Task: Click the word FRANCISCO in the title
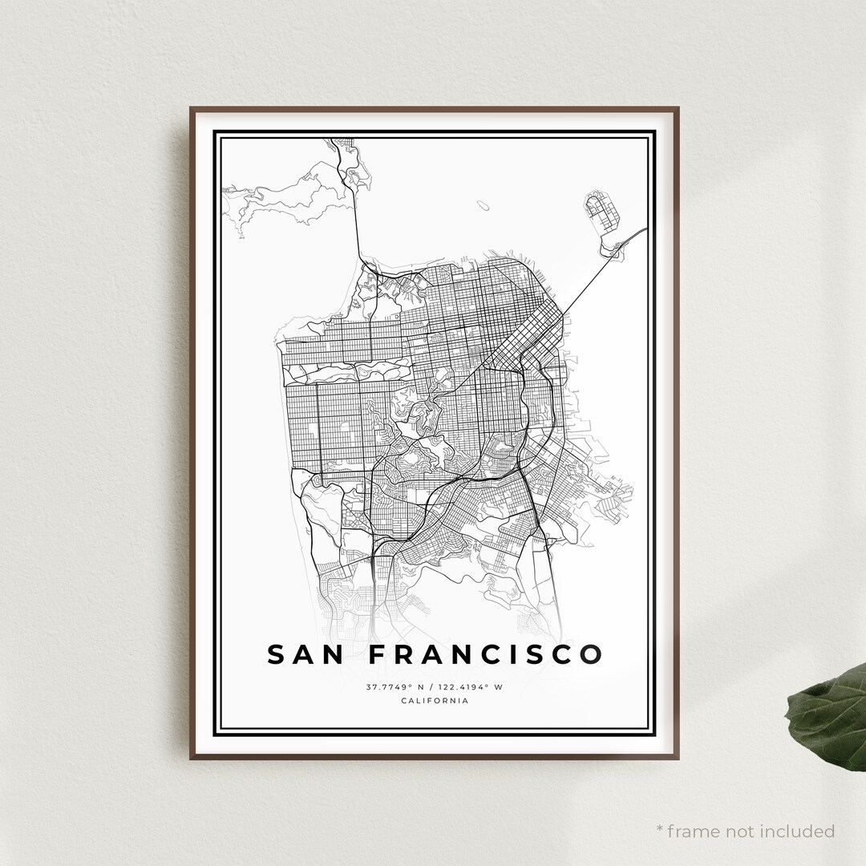coord(486,654)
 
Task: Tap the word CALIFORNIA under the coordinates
coord(434,701)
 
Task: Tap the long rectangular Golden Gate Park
coord(349,370)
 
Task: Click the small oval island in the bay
coord(483,205)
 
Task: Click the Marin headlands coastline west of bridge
coord(281,196)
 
